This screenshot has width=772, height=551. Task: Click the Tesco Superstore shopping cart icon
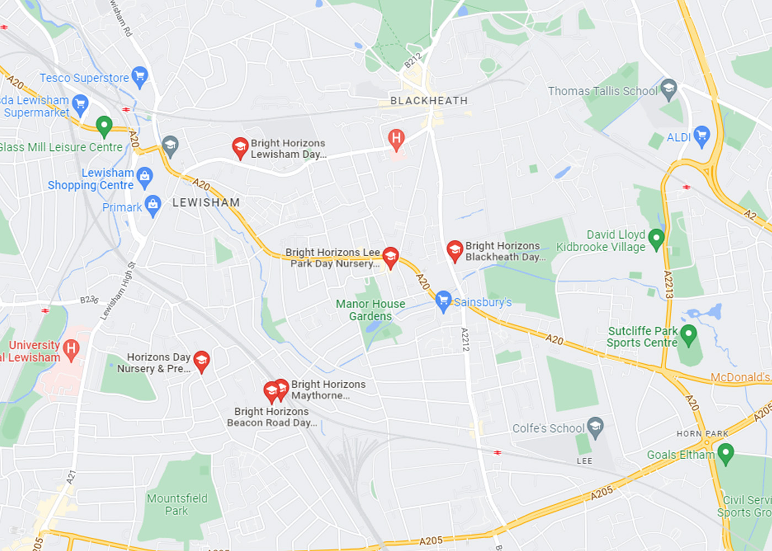pyautogui.click(x=140, y=76)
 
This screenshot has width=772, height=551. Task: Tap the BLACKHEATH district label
pyautogui.click(x=429, y=101)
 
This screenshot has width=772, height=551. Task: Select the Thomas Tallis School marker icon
pyautogui.click(x=669, y=89)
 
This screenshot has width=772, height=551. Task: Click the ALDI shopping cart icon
pyautogui.click(x=701, y=136)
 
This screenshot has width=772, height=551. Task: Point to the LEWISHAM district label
pyautogui.click(x=206, y=203)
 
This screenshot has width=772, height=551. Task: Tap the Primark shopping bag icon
pyautogui.click(x=153, y=205)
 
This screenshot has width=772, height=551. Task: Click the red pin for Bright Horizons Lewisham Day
pyautogui.click(x=240, y=147)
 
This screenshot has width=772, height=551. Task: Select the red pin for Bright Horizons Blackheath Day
pyautogui.click(x=454, y=250)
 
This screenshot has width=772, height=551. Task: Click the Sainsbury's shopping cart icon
pyautogui.click(x=443, y=300)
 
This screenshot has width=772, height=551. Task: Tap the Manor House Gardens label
pyautogui.click(x=371, y=310)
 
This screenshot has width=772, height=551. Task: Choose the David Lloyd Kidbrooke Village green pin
pyautogui.click(x=656, y=239)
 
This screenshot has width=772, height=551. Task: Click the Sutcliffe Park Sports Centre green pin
pyautogui.click(x=688, y=334)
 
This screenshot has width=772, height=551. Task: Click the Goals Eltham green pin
pyautogui.click(x=726, y=453)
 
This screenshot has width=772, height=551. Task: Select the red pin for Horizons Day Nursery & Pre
pyautogui.click(x=201, y=361)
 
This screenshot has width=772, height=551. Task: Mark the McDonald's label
pyautogui.click(x=740, y=377)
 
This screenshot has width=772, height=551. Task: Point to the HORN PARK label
pyautogui.click(x=703, y=434)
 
